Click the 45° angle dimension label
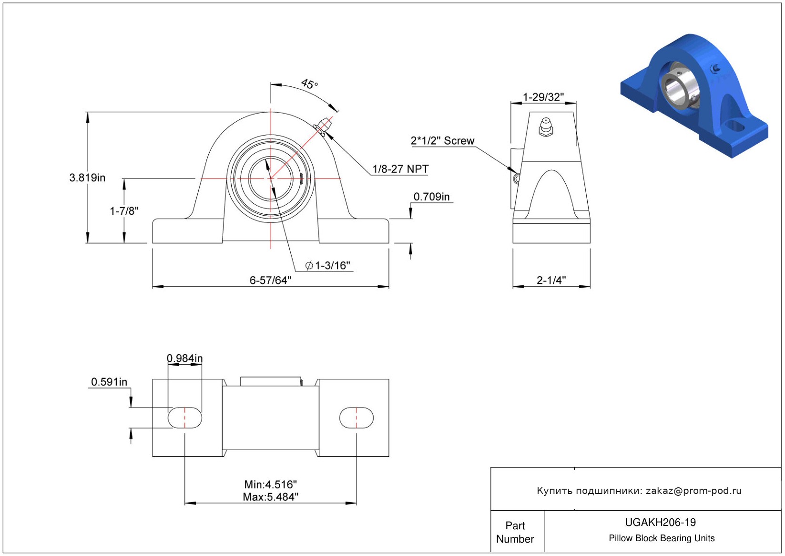tap(309, 84)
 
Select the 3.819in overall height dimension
tap(87, 178)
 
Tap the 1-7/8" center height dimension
tap(124, 211)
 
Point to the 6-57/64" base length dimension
tap(270, 281)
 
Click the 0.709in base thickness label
tap(431, 197)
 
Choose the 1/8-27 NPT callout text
tap(400, 169)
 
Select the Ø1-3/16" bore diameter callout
tap(328, 266)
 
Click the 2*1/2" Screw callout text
tap(442, 141)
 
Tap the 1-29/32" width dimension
tap(543, 97)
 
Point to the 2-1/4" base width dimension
tap(551, 281)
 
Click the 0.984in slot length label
tap(184, 358)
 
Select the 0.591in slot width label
tap(109, 382)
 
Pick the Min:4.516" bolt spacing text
tap(270, 485)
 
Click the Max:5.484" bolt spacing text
tap(270, 497)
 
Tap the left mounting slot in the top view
tap(185, 418)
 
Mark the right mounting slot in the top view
tap(356, 418)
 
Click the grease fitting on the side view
tap(546, 126)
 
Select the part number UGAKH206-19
tap(660, 523)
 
